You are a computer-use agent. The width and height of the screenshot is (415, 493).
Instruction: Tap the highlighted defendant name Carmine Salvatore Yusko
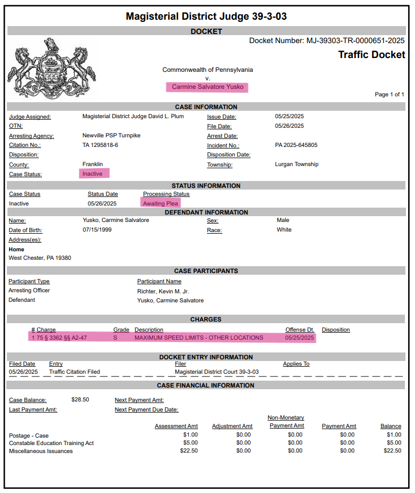pyautogui.click(x=207, y=87)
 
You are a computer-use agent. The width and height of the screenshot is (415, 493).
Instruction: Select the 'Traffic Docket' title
pyautogui.click(x=371, y=55)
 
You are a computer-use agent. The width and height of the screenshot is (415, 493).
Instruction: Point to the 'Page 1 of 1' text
pyautogui.click(x=389, y=94)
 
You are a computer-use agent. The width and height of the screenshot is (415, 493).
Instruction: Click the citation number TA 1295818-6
pyautogui.click(x=100, y=145)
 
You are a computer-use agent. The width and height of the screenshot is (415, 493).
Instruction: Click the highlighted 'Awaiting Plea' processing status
pyautogui.click(x=161, y=203)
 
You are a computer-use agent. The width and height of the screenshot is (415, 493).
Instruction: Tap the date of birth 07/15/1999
pyautogui.click(x=97, y=230)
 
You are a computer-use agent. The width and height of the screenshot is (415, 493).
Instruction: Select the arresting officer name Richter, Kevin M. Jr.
pyautogui.click(x=163, y=291)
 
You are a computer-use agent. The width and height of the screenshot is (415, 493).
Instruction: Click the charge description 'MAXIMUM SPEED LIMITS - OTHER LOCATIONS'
pyautogui.click(x=198, y=338)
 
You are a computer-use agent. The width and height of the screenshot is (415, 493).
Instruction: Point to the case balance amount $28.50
pyautogui.click(x=80, y=400)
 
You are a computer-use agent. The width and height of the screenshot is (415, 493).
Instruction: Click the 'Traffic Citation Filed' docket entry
pyautogui.click(x=74, y=372)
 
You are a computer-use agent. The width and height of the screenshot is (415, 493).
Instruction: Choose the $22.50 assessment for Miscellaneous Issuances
pyautogui.click(x=189, y=451)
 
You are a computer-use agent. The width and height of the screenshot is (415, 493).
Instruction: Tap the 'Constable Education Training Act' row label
pyautogui.click(x=52, y=443)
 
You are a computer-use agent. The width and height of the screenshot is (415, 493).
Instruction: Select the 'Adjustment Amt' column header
pyautogui.click(x=232, y=426)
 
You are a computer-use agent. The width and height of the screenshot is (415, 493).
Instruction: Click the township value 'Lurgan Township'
pyautogui.click(x=296, y=165)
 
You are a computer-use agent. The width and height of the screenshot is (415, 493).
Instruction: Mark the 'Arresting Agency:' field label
pyautogui.click(x=31, y=136)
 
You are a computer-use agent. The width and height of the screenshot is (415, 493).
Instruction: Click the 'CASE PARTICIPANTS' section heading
pyautogui.click(x=206, y=271)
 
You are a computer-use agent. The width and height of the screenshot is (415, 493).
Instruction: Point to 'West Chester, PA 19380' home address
pyautogui.click(x=40, y=258)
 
